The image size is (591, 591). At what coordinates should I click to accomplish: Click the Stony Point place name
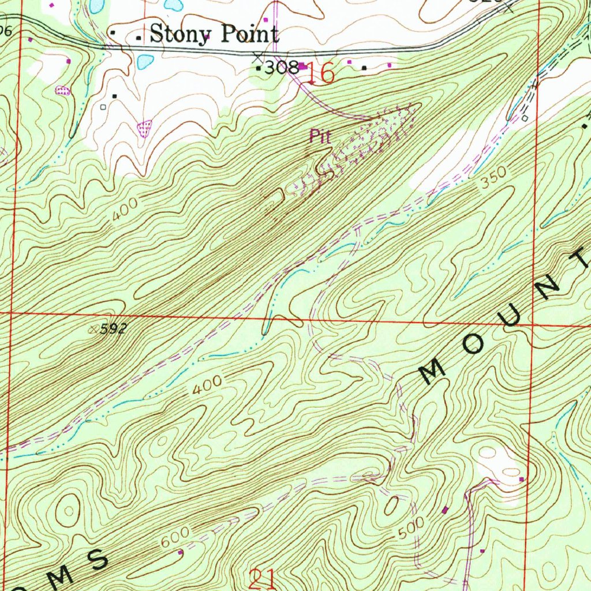tap(214, 34)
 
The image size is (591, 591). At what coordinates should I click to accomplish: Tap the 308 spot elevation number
tap(281, 68)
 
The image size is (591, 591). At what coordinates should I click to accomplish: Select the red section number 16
tap(321, 73)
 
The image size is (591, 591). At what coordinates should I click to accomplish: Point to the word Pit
tap(320, 137)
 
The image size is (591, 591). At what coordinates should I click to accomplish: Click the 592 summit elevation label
tap(113, 330)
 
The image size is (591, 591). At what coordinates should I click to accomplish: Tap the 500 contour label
tap(412, 528)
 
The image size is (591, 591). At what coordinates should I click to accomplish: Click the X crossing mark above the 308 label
tap(257, 57)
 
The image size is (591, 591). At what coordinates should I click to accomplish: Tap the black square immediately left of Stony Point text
tap(139, 38)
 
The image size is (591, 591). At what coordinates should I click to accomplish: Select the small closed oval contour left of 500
tap(391, 506)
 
